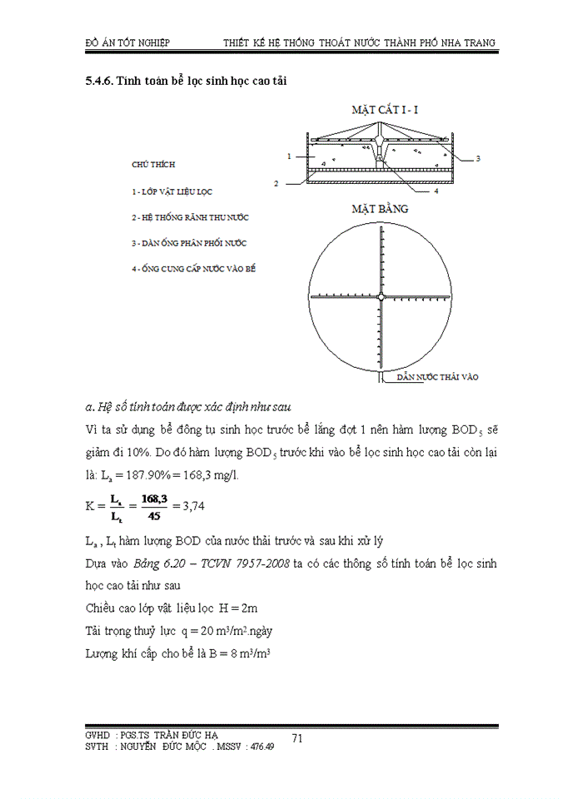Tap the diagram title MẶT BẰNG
tap(379, 209)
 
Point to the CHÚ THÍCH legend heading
tap(153, 165)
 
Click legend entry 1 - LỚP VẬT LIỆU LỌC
tap(172, 191)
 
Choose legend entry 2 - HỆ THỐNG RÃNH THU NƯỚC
tap(190, 217)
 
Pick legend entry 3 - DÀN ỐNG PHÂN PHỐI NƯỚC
tap(189, 243)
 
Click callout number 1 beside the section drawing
tap(288, 156)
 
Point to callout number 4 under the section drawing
tap(436, 191)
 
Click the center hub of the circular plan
tap(381, 296)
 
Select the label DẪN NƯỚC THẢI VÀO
tap(437, 377)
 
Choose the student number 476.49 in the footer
tap(258, 747)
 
